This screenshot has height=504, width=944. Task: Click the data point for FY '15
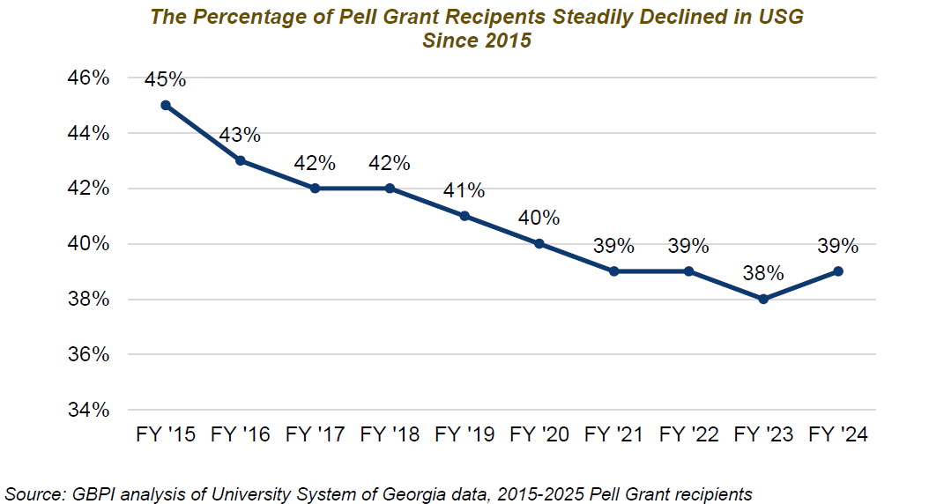coord(165,105)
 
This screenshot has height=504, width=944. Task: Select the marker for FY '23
coord(763,299)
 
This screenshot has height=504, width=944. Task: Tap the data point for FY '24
coord(838,271)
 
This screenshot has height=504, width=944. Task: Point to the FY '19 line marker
coord(465,216)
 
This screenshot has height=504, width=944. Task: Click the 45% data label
coord(166,79)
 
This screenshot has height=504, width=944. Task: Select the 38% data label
coord(763,273)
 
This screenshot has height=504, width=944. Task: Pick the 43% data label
coord(240,135)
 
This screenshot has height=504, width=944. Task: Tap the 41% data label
coord(465,190)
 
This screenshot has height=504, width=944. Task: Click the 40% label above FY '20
coord(539,218)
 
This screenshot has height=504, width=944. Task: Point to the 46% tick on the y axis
coord(88,78)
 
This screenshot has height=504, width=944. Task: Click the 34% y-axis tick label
coord(88,410)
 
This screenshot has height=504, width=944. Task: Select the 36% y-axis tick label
coord(88,354)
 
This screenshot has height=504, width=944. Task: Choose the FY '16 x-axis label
coord(240,434)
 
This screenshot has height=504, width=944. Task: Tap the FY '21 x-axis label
coord(613,434)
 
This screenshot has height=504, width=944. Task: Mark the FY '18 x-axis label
coord(390,434)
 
